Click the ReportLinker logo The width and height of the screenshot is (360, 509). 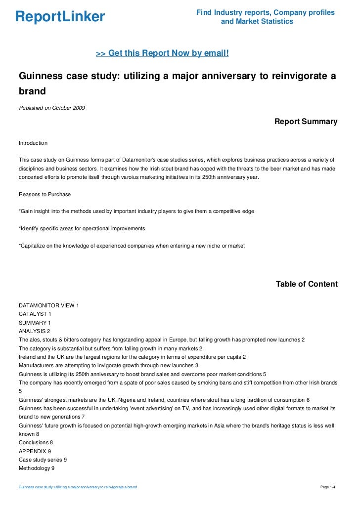tap(60, 17)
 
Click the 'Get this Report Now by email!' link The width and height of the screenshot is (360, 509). tap(162, 53)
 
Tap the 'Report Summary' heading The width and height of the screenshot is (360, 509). tap(306, 122)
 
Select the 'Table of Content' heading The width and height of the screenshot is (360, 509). tap(307, 284)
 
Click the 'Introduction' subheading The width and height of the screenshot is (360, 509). tap(33, 143)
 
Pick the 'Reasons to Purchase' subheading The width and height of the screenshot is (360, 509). tap(45, 194)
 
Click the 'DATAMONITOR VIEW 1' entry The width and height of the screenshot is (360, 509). tap(48, 305)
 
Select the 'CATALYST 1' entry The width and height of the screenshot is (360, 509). tap(35, 314)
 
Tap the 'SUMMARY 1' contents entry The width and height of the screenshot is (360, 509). tap(35, 323)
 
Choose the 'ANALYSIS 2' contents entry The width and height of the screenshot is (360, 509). tap(34, 331)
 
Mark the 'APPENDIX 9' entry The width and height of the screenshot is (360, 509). tap(35, 451)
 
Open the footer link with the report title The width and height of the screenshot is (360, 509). tap(78, 487)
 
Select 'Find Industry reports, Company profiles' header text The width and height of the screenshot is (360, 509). tap(265, 12)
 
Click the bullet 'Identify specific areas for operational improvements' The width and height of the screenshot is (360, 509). tap(82, 229)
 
